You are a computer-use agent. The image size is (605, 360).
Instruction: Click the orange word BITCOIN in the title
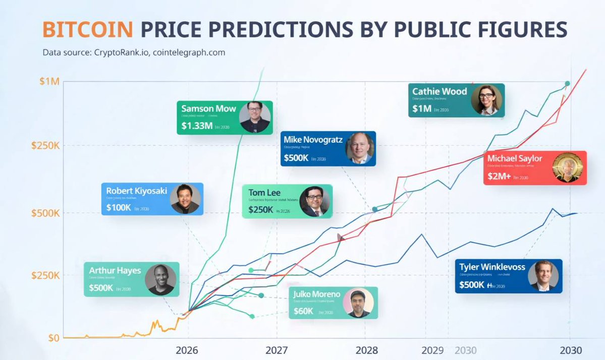pos(88,29)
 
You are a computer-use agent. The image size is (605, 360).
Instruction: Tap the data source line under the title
pos(134,52)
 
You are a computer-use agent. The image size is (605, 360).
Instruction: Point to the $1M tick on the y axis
pos(49,82)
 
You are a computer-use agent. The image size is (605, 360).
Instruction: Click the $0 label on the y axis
pos(53,338)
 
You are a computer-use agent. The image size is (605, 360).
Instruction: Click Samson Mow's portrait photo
pos(254,117)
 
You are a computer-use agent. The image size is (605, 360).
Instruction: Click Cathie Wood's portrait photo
pos(486,100)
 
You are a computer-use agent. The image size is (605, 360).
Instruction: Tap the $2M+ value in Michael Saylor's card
pos(500,176)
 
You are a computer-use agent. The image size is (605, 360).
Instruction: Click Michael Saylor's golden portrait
pos(567,167)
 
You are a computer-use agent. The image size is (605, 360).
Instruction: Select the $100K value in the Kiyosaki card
pos(119,207)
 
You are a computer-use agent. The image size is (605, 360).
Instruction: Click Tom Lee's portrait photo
pos(314,202)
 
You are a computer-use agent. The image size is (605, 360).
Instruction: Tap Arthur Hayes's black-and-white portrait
pos(160,279)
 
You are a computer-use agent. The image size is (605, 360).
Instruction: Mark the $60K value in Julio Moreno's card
pos(304,311)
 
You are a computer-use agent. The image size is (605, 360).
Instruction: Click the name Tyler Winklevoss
pos(492,267)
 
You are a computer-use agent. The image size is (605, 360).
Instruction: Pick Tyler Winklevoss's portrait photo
pos(543,276)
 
